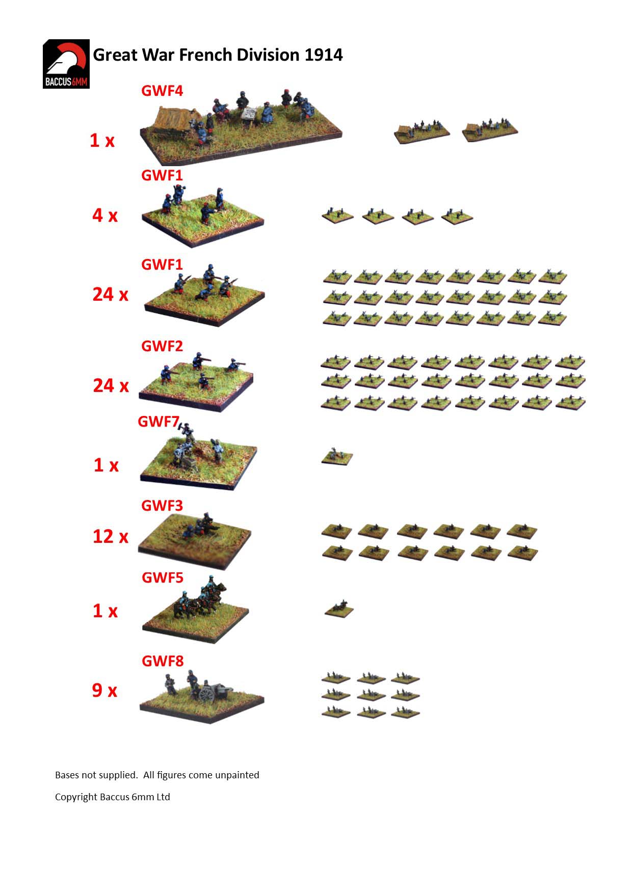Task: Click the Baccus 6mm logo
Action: pos(66,64)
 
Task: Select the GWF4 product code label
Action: pos(162,91)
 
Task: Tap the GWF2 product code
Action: pos(162,346)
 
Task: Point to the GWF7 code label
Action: pos(159,422)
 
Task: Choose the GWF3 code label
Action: pos(162,506)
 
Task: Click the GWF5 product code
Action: pos(163,577)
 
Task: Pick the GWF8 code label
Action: pos(163,661)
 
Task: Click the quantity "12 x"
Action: pos(111,536)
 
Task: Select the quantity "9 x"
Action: pos(104,690)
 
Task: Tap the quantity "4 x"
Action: pos(105,215)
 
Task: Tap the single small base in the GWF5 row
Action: pos(339,608)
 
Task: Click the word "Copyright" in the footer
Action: pos(76,797)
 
